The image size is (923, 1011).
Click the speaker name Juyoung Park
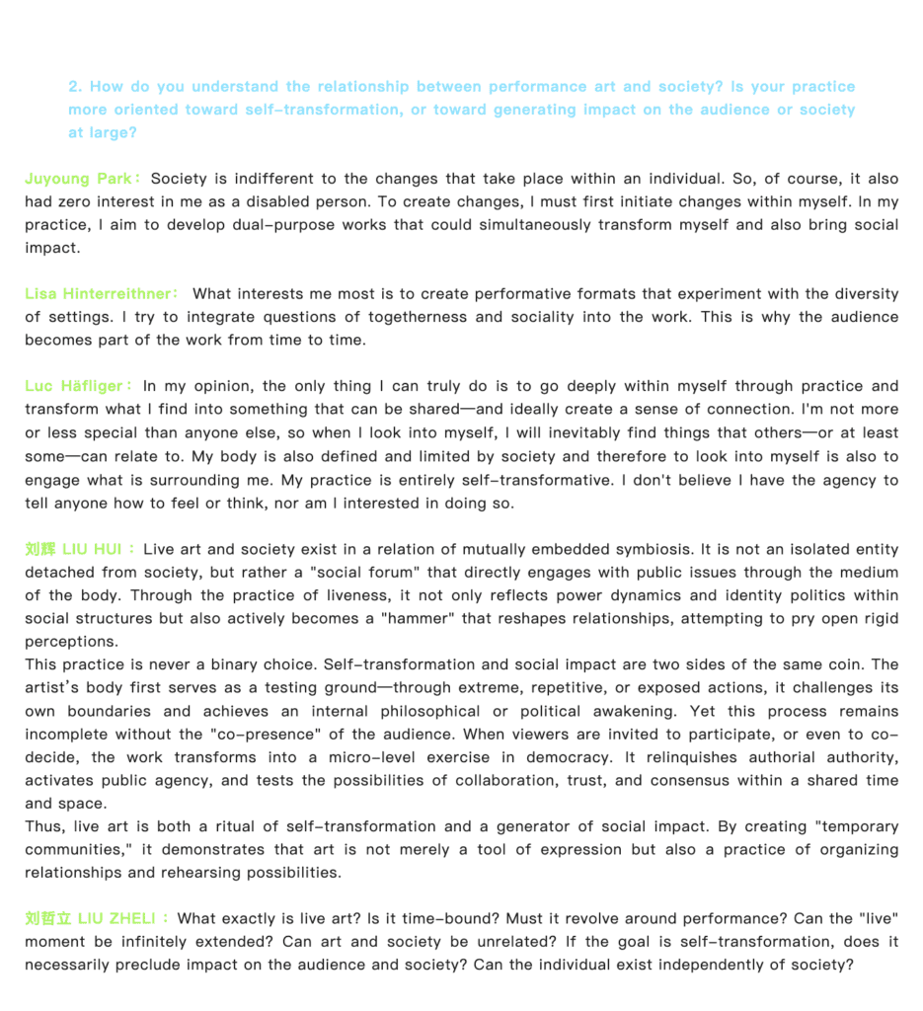tap(79, 179)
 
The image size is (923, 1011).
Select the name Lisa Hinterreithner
tap(98, 293)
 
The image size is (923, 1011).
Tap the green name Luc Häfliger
tap(74, 386)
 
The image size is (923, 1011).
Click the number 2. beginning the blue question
tap(75, 87)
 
